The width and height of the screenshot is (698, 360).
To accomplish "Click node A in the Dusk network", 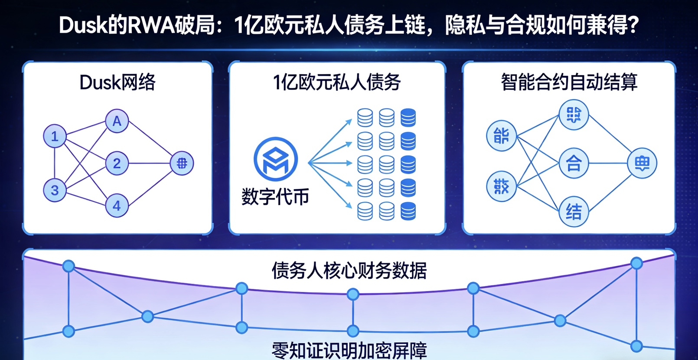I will pos(117,121).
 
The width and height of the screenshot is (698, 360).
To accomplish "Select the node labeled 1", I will pos(55,136).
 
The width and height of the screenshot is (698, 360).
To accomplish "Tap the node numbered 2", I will pos(117,164).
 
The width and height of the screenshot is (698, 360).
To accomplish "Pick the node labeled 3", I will pos(55,190).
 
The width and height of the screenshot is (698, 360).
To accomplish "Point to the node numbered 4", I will pos(117,206).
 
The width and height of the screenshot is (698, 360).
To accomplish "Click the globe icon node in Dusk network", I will pos(182,163).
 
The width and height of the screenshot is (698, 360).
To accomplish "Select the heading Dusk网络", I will pos(117,82).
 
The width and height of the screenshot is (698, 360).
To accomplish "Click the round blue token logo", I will pos(276,159).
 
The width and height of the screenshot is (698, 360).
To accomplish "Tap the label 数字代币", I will pos(275,197).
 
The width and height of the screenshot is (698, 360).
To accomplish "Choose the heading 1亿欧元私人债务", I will pos(337,82).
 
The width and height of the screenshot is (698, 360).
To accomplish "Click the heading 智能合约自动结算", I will pos(569,82).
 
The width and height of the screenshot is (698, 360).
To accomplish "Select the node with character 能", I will pos(502,136).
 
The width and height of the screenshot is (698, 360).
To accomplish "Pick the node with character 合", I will pos(574,163).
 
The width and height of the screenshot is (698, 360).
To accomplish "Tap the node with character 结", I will pos(574,212).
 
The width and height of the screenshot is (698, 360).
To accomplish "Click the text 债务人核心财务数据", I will pos(349,271).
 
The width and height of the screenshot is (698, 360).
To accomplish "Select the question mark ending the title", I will pos(633,25).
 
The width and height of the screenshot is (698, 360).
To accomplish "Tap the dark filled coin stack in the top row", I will pos(408,118).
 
